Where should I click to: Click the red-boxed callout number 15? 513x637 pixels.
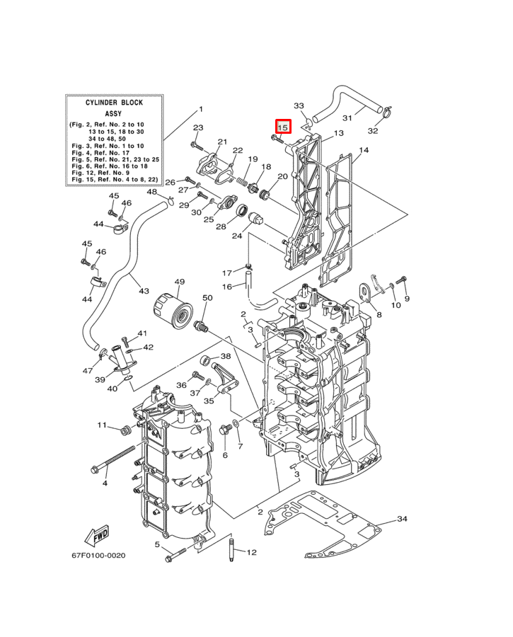[x=283, y=128]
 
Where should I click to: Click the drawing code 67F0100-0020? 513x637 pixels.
[x=98, y=556]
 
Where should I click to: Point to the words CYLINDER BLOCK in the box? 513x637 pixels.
[x=113, y=103]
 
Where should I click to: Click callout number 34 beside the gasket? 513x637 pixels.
[x=402, y=520]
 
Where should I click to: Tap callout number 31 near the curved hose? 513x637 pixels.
[x=347, y=117]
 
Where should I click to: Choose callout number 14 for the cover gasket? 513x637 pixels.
[x=364, y=150]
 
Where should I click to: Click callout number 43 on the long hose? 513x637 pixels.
[x=144, y=291]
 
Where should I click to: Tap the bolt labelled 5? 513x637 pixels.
[x=178, y=554]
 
